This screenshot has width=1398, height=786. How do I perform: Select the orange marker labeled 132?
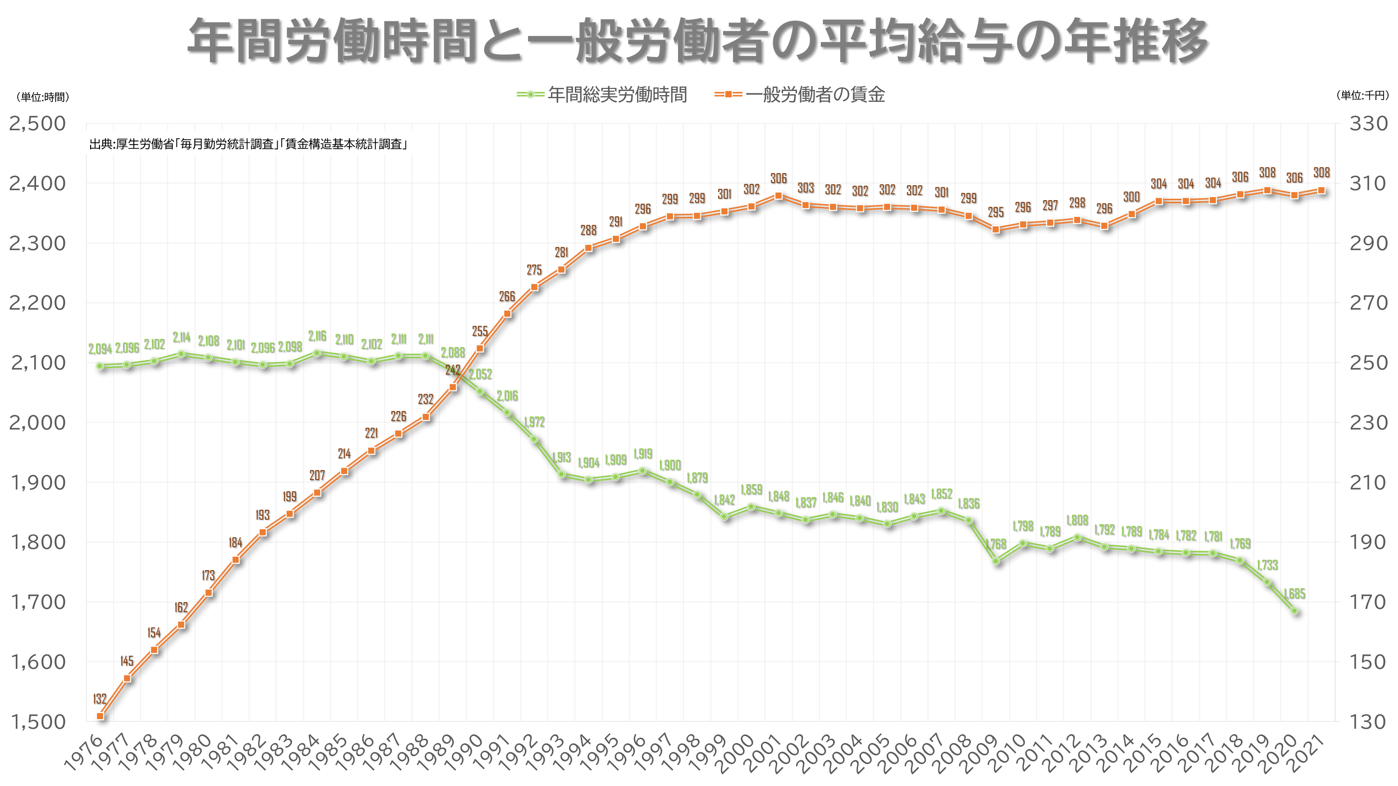point(100,716)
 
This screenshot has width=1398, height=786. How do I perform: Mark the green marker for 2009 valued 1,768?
point(996,561)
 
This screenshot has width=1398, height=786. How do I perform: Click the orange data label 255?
point(480,330)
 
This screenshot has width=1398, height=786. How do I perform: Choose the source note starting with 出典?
point(248,144)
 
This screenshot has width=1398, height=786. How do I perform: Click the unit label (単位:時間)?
point(42,97)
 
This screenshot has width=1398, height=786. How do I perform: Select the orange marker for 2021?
point(1321,191)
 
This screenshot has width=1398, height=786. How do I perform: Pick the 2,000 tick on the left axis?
point(37,422)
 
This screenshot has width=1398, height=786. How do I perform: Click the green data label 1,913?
point(561,457)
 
